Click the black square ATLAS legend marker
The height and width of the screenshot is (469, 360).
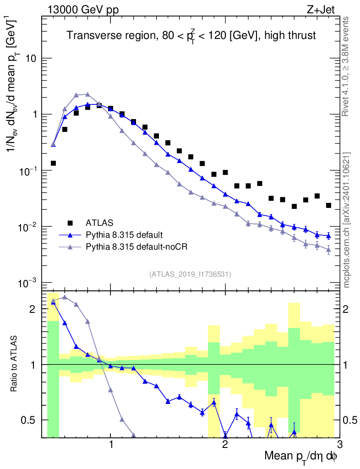[x=70, y=223]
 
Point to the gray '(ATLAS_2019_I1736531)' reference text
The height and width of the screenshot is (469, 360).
[x=190, y=274]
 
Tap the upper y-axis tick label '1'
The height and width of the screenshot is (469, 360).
[x=34, y=115]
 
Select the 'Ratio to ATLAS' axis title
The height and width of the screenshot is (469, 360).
[x=14, y=364]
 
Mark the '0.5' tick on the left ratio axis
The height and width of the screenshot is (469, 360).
[x=29, y=420]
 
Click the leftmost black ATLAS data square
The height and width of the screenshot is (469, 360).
[x=53, y=163]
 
